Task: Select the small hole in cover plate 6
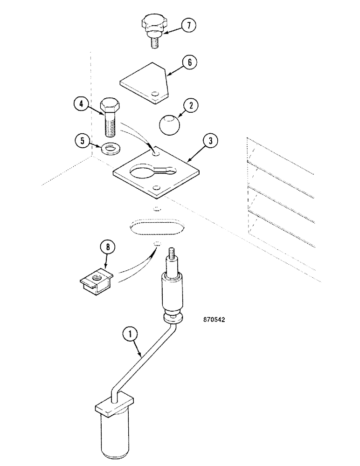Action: (155, 95)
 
